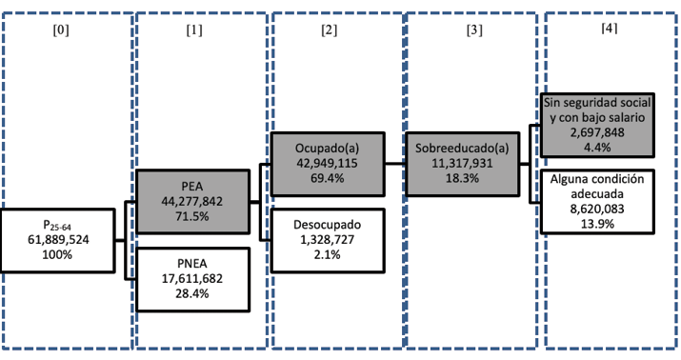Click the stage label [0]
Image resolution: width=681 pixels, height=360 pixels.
point(63,30)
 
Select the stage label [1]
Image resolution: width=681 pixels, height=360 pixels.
point(196,30)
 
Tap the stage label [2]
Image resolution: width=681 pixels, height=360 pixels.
point(330,30)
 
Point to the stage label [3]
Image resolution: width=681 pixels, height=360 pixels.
point(472,30)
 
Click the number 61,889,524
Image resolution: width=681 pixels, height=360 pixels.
point(60,241)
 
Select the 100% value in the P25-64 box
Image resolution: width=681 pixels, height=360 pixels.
point(60,256)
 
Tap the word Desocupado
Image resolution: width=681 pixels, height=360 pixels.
point(329,226)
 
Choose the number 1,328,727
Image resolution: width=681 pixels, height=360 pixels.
point(329,240)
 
